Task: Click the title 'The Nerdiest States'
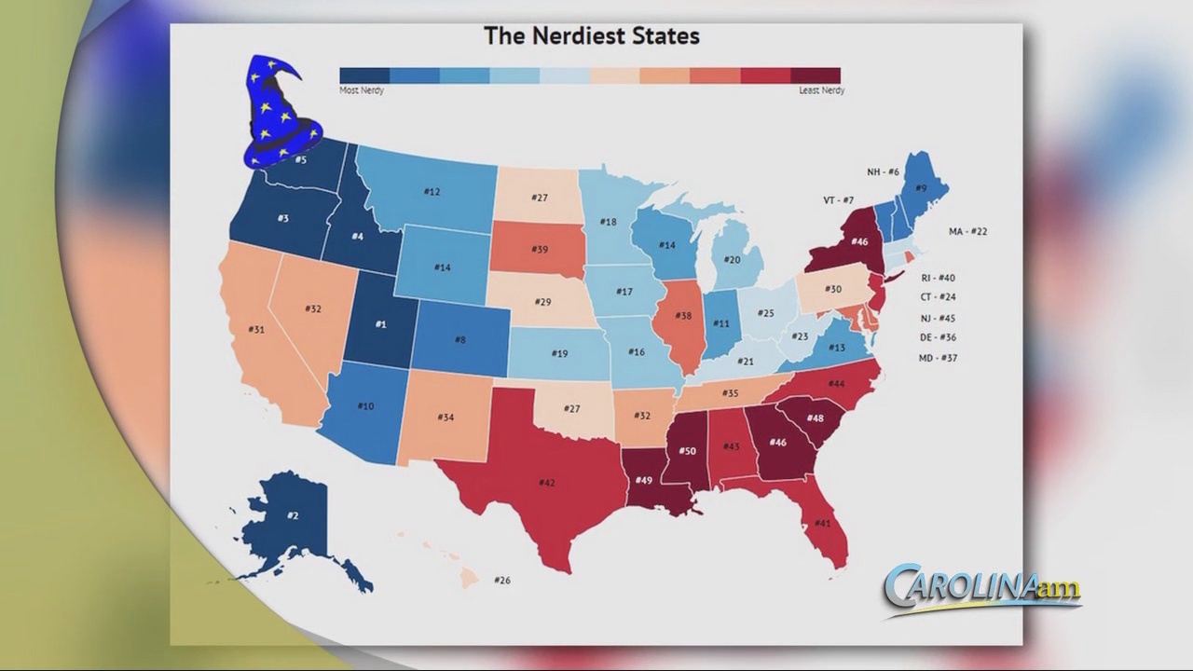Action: coord(591,36)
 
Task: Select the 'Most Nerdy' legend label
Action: coord(362,90)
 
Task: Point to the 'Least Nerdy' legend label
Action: coord(821,90)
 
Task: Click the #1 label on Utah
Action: coord(380,324)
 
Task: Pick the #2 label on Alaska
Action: coord(293,515)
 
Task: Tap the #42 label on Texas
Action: coord(547,483)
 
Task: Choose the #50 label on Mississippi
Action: coord(687,451)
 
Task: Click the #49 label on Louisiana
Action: coord(643,480)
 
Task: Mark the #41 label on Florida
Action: coord(822,524)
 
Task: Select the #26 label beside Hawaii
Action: coord(502,581)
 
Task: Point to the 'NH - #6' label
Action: coord(883,172)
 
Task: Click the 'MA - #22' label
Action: coord(967,231)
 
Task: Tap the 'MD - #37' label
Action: coord(939,358)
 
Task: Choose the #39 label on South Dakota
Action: coord(540,249)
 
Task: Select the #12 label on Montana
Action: coord(432,192)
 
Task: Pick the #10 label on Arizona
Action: coord(365,406)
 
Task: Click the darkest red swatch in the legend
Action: coord(816,75)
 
